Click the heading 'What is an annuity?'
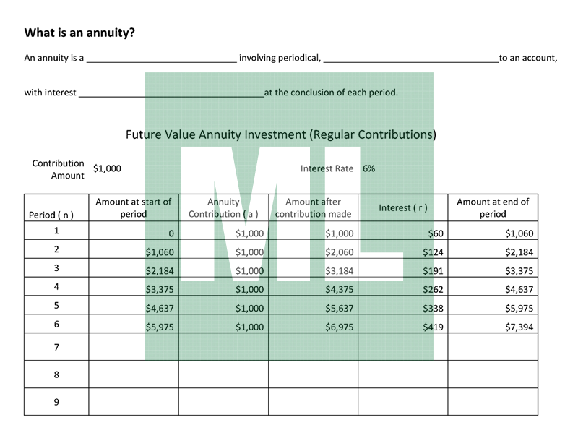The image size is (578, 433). tap(79, 33)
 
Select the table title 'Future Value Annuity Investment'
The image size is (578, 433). tap(280, 134)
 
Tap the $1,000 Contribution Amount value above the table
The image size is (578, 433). tap(108, 168)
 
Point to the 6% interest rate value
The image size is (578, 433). tap(368, 168)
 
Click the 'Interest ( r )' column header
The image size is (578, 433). tap(402, 208)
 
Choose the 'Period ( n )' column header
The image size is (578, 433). tap(51, 215)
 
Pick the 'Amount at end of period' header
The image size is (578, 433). tap(493, 208)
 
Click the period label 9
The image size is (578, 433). tap(56, 402)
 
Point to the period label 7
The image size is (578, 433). tap(56, 347)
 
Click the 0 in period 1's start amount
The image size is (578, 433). tap(171, 233)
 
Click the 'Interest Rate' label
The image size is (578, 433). tap(327, 168)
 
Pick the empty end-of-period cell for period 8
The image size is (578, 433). tap(493, 374)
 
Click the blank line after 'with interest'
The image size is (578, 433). tap(171, 94)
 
